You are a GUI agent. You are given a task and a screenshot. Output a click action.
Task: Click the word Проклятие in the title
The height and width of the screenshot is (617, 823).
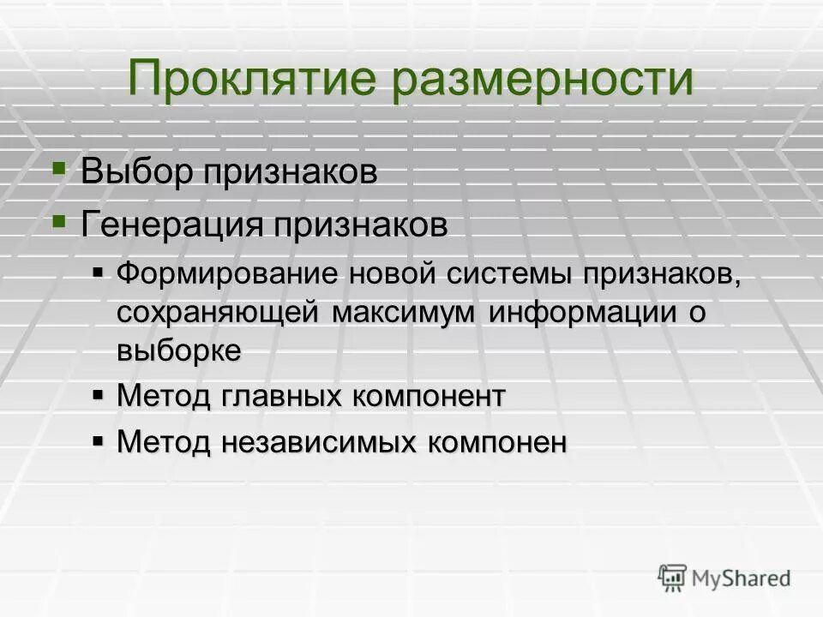[251, 80]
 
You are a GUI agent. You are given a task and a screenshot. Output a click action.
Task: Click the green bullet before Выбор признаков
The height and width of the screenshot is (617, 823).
[58, 167]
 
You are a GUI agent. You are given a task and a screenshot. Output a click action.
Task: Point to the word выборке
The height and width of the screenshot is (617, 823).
[178, 350]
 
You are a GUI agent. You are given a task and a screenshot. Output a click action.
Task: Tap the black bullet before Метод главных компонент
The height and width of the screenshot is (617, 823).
[98, 394]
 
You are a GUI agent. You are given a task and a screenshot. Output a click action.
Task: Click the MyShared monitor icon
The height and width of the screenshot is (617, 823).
[672, 578]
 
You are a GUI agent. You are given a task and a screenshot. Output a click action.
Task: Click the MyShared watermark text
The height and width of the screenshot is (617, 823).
[742, 578]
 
